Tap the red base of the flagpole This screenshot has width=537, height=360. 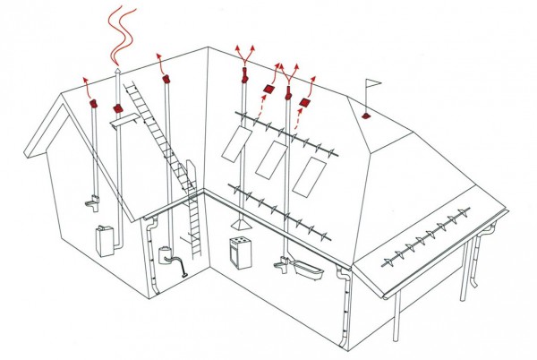point(366,116)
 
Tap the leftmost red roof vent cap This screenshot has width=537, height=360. point(92,105)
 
